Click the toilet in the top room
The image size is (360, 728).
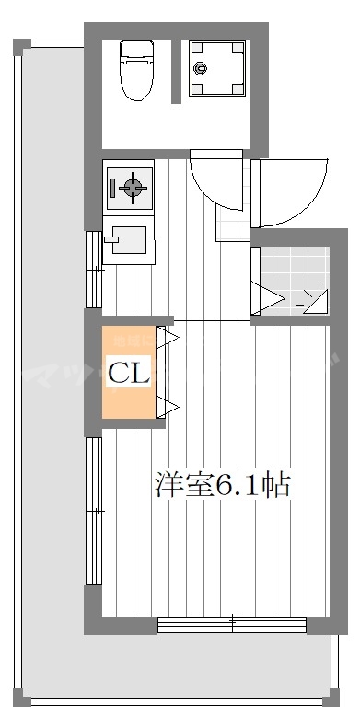pyautogui.click(x=135, y=72)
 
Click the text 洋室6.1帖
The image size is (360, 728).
pyautogui.click(x=223, y=485)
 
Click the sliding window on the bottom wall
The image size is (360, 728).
pyautogui.click(x=232, y=625)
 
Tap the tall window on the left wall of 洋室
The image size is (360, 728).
pyautogui.click(x=92, y=510)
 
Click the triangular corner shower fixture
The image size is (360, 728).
pyautogui.click(x=316, y=299)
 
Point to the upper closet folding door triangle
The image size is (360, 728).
pyautogui.click(x=167, y=338)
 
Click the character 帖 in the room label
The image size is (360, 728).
pyautogui.click(x=277, y=485)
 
